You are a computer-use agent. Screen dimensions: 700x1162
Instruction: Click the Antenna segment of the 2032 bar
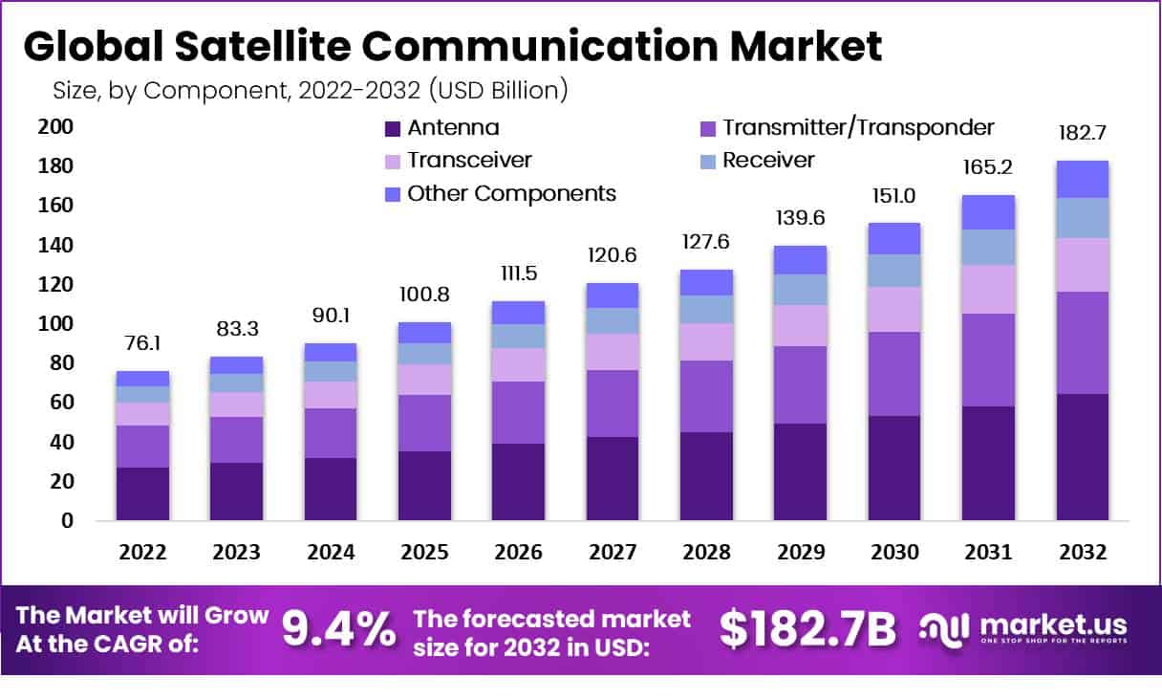(1082, 457)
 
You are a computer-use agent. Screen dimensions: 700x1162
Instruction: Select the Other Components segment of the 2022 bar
(142, 379)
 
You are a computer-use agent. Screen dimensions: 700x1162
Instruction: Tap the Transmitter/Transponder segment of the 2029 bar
(800, 384)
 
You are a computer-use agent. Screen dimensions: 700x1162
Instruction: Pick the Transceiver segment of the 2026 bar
(518, 364)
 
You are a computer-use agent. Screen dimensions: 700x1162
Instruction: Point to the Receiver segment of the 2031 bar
(988, 247)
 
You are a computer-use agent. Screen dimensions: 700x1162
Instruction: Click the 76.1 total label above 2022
(142, 342)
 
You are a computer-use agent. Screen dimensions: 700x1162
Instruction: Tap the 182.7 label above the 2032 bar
(1082, 132)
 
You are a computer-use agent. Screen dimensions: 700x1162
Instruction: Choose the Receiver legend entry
(768, 160)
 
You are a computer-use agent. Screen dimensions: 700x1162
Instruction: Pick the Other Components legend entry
(511, 193)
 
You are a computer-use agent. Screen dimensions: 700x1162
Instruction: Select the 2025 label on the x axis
(424, 553)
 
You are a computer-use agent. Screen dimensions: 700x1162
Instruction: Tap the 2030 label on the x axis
(894, 553)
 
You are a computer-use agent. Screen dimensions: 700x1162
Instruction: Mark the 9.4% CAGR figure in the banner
(338, 629)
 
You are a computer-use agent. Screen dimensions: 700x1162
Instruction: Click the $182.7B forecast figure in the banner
(807, 629)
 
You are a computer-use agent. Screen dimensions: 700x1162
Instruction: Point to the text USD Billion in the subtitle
(499, 91)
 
